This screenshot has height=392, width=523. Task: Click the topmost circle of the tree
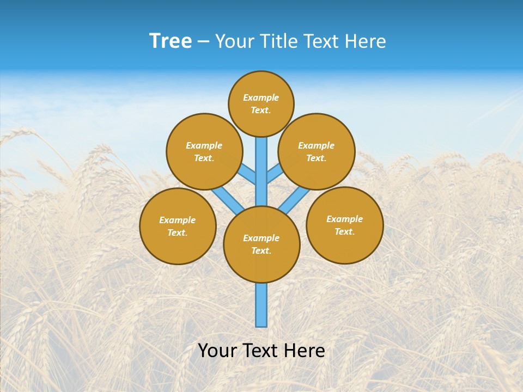261,103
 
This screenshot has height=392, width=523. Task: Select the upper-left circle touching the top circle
204,151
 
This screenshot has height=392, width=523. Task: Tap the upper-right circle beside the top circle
317,151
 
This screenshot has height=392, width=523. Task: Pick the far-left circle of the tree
178,226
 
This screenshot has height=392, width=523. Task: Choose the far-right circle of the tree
345,225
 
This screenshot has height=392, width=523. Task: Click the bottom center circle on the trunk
261,244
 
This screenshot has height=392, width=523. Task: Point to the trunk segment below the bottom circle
261,305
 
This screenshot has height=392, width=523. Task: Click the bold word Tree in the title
171,41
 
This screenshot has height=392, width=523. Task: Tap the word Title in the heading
279,41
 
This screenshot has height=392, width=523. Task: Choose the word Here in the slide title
367,41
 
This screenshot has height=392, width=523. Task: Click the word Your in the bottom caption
217,351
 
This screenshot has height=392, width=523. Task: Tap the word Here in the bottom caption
305,351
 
